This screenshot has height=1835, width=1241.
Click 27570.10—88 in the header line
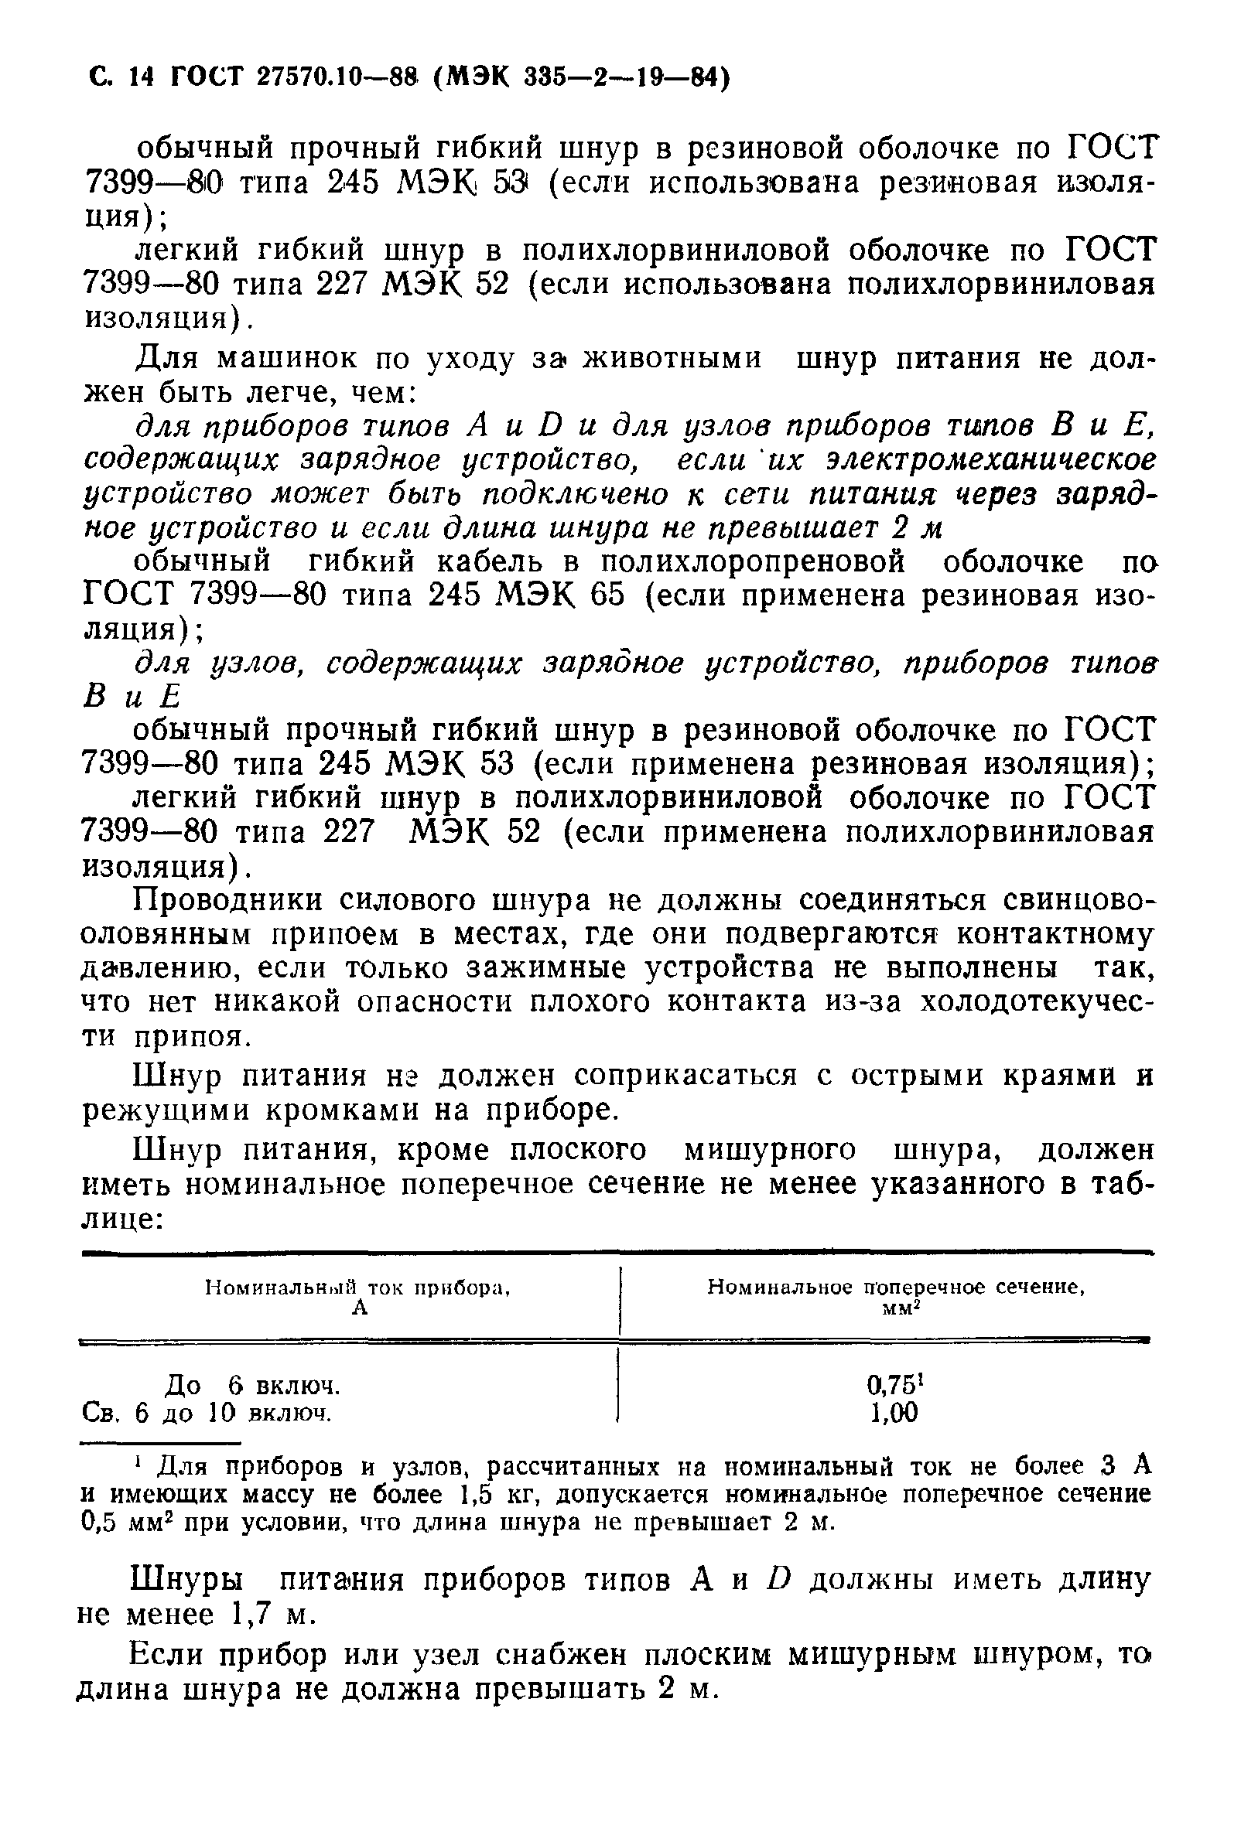[332, 77]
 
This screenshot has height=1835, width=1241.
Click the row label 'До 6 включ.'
[252, 1385]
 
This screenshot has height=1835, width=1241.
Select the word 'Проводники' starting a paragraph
[229, 900]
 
